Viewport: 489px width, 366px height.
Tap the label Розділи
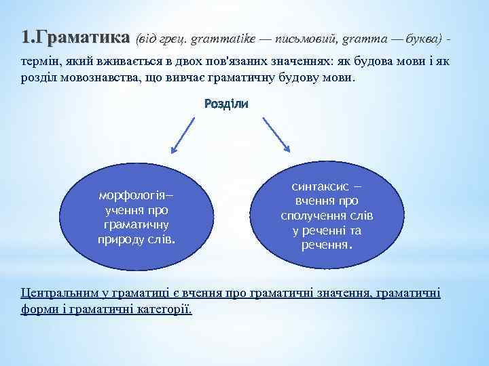(226, 104)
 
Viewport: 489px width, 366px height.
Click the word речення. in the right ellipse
(326, 245)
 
